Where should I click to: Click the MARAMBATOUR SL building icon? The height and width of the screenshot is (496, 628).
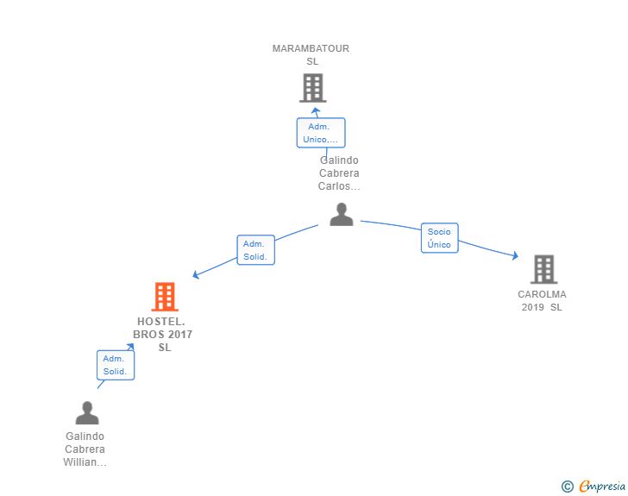(x=313, y=88)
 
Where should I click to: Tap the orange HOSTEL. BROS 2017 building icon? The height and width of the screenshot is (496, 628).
(x=165, y=297)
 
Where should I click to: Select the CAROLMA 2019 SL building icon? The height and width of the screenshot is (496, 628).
(x=543, y=269)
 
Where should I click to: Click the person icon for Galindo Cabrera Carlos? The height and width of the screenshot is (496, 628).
(x=342, y=214)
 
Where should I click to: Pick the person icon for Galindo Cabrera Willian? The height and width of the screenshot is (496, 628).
(x=87, y=412)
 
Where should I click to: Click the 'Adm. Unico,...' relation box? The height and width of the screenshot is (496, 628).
(x=321, y=133)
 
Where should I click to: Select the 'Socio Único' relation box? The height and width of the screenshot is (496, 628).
(x=439, y=238)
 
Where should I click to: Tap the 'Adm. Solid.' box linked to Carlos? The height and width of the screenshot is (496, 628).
(x=255, y=250)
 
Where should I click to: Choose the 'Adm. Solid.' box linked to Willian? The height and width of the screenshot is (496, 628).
(x=116, y=365)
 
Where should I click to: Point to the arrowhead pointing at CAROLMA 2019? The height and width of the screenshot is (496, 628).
(x=516, y=255)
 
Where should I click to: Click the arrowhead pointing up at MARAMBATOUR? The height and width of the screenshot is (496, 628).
(x=316, y=110)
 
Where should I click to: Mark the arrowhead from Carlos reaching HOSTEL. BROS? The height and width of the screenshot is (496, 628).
(x=196, y=275)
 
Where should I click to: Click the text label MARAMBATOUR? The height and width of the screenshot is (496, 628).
(x=311, y=48)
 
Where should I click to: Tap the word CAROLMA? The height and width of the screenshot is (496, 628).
(x=542, y=294)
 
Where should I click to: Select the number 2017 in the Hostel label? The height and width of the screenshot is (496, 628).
(x=180, y=335)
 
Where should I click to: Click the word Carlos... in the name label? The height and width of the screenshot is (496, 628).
(x=339, y=186)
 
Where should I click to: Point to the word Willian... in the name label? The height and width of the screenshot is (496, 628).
(x=85, y=462)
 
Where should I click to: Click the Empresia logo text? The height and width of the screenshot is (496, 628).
(x=602, y=486)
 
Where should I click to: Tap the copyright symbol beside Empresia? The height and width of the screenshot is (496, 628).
(x=568, y=487)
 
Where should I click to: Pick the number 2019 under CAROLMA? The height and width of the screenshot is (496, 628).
(x=533, y=307)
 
